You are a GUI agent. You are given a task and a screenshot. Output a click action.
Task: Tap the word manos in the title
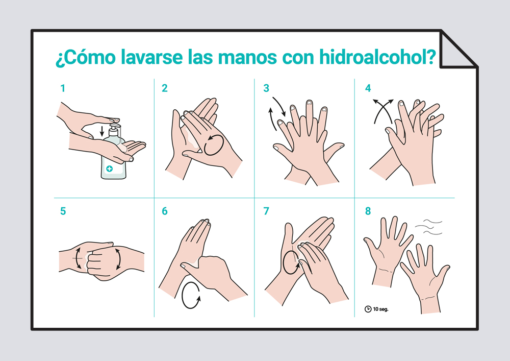[x=248, y=57]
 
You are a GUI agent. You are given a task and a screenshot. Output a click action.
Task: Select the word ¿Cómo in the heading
[x=86, y=57]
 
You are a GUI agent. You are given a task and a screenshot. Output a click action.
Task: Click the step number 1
[x=63, y=88]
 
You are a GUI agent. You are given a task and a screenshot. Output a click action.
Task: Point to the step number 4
[x=368, y=88]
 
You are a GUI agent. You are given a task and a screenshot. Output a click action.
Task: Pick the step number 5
[x=63, y=211]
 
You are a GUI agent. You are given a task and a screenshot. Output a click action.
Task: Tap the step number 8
[x=368, y=211]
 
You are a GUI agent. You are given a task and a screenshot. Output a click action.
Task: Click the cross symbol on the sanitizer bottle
[x=110, y=169]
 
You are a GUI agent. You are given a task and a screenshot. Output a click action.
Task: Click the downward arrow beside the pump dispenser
[x=102, y=131]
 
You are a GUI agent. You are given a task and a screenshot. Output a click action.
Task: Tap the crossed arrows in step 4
[x=383, y=111]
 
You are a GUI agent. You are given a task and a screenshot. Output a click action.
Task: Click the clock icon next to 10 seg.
[x=368, y=309]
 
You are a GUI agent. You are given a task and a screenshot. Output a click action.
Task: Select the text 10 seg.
[x=380, y=309]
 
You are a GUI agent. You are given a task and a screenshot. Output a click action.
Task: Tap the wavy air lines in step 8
[x=429, y=227]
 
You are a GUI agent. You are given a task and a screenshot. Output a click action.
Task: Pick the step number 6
[x=165, y=211]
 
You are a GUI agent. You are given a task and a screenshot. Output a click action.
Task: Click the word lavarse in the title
[x=151, y=57]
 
